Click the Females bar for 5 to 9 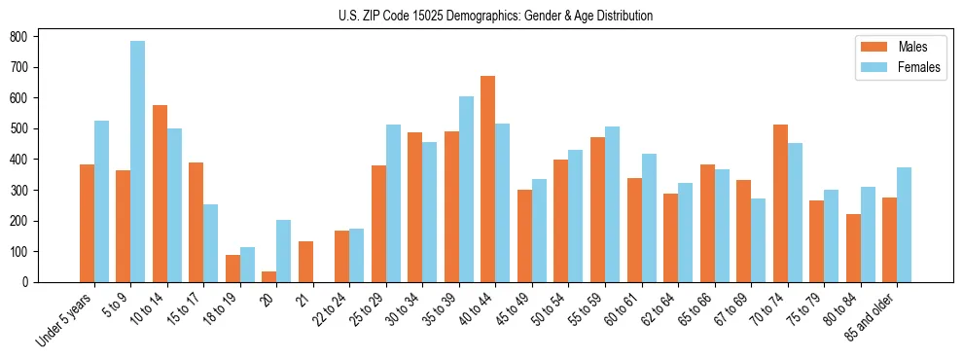tap(138, 162)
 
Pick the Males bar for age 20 tap(269, 276)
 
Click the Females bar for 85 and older tap(904, 225)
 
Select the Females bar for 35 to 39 tap(466, 190)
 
